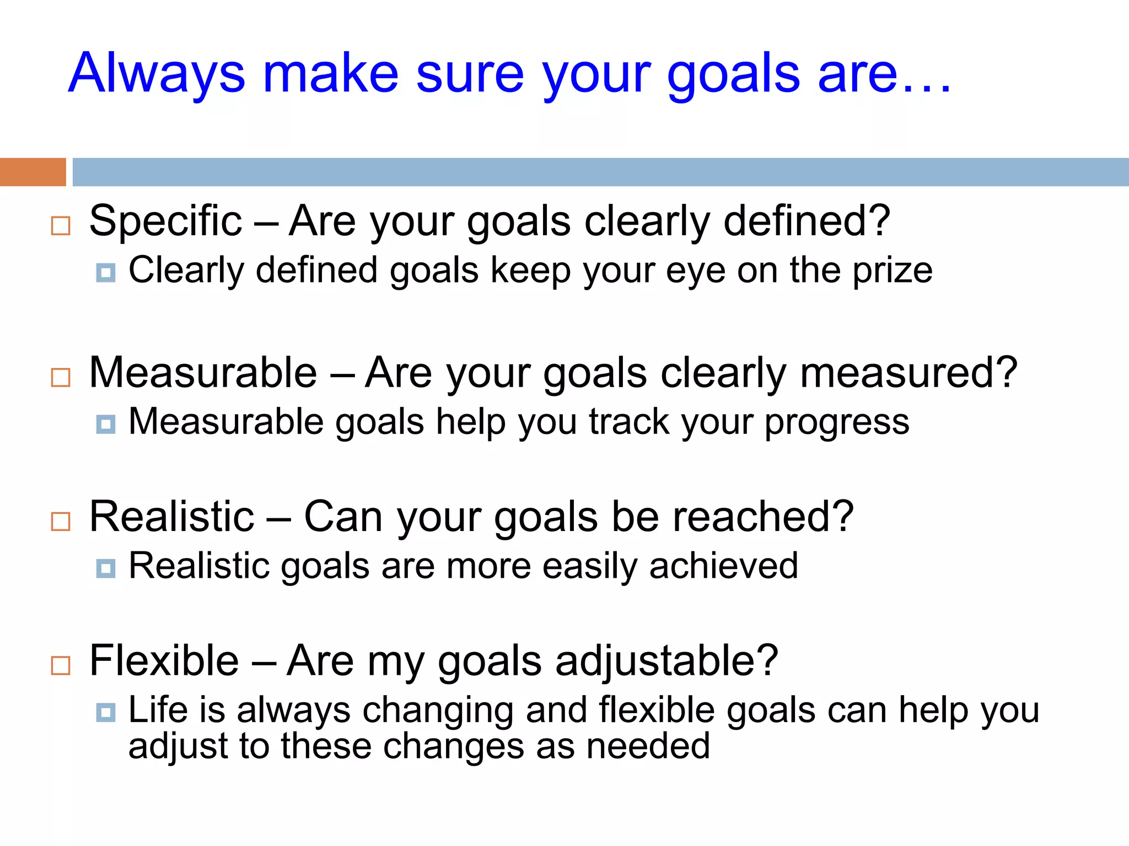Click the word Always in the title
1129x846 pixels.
click(157, 74)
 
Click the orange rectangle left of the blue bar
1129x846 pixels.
click(33, 172)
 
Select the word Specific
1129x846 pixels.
click(165, 221)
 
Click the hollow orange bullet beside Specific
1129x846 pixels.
click(61, 226)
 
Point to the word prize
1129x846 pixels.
click(893, 272)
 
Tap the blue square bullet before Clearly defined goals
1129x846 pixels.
click(105, 272)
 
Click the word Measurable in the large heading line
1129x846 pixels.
click(203, 373)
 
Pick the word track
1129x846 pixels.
click(629, 422)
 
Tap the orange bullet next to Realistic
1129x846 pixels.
click(61, 521)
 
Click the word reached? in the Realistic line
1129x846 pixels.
click(763, 517)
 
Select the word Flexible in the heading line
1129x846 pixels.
click(164, 660)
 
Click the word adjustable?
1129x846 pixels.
click(666, 661)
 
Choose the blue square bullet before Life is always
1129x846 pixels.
click(105, 712)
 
